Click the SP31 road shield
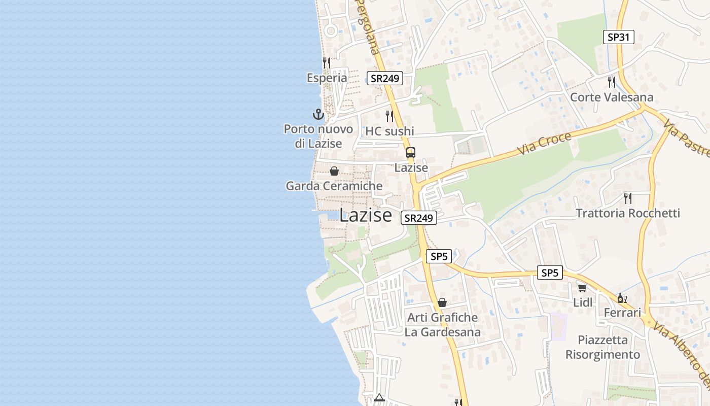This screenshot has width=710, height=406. coord(619,37)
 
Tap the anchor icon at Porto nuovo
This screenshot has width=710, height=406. coord(318,114)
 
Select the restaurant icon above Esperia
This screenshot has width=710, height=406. coord(327,62)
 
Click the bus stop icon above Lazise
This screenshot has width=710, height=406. coord(411,152)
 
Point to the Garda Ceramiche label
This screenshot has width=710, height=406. coord(334,186)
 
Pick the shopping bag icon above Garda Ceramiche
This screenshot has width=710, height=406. coord(334,171)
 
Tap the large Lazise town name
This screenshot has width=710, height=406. coord(365,215)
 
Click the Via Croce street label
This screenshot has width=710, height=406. coord(544,144)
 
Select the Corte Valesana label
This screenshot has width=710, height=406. coord(612,97)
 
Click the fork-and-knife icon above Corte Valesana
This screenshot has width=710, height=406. coord(612,82)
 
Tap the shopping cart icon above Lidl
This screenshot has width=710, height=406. coord(582,288)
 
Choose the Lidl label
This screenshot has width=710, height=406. coord(583,302)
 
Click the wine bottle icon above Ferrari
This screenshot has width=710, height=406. coord(622,298)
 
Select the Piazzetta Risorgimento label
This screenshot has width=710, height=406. coord(602,347)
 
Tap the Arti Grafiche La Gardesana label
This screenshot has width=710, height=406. coord(442,325)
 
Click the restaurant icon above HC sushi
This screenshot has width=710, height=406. coord(389,116)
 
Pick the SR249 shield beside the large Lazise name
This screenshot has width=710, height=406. coord(418,218)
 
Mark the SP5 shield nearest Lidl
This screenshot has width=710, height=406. coord(550,273)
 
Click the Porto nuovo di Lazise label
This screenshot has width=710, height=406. coord(318,136)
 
